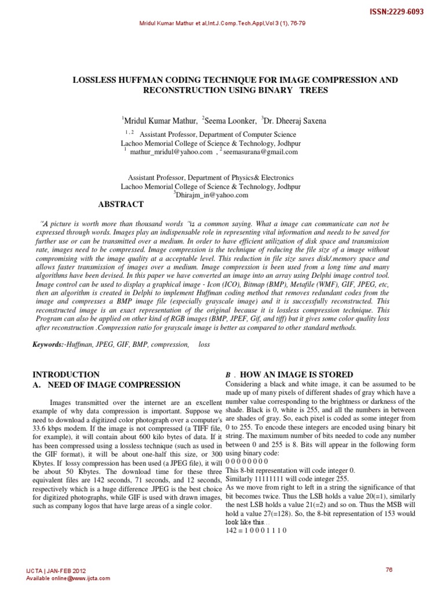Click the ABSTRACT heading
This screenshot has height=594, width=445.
(121, 205)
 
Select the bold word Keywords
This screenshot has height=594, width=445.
(48, 345)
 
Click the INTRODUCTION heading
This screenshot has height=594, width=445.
(67, 375)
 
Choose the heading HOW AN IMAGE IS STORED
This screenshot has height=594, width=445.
(296, 375)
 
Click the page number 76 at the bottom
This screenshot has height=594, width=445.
(389, 570)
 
